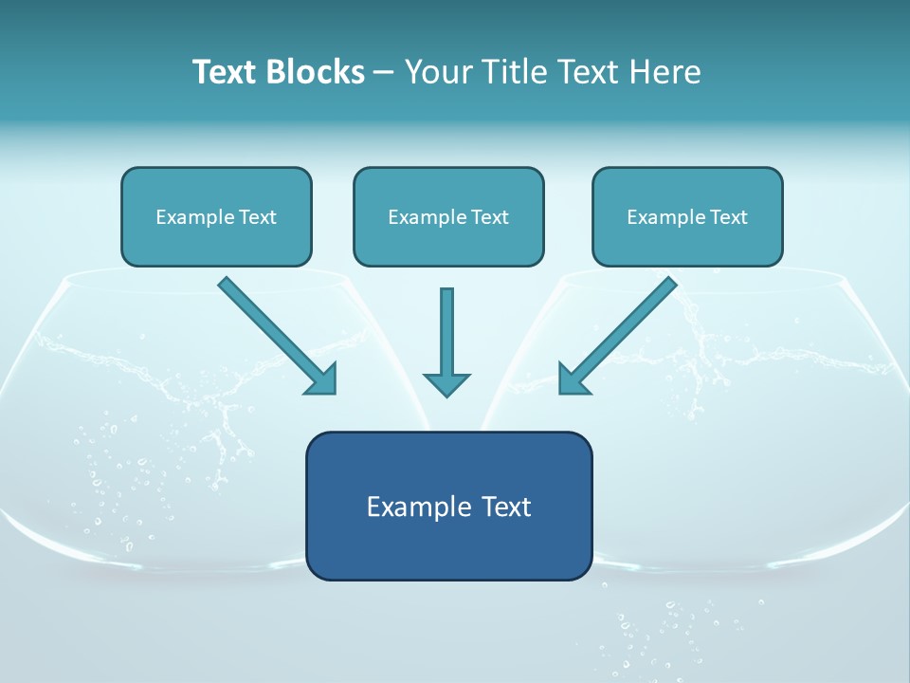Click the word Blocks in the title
pos(316,72)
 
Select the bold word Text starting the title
pos(227,72)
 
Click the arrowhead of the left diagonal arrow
pos(323,380)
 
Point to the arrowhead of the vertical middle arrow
pos(446,384)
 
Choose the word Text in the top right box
pos(729,217)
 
